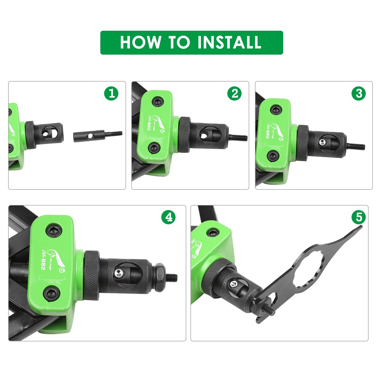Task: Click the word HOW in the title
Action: coord(140,42)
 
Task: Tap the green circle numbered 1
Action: coord(111,93)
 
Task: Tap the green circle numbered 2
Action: coord(234,93)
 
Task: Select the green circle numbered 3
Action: coord(359,93)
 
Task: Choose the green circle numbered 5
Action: coord(359,217)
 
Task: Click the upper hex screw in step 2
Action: coord(157,102)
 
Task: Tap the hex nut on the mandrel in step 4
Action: coord(159,278)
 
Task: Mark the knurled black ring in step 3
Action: coord(302,143)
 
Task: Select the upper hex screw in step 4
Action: coord(54,231)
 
